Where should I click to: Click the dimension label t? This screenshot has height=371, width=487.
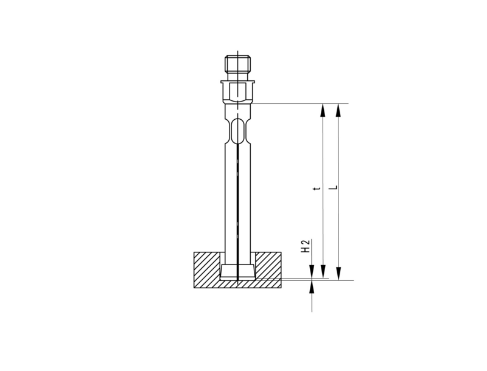317,189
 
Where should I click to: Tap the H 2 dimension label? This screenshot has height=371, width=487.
306,246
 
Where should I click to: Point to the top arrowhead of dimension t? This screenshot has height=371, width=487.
323,110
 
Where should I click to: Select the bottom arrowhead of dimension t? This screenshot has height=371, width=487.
323,271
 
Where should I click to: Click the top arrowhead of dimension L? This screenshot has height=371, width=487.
338,110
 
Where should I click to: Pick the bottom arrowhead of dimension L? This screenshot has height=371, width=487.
338,274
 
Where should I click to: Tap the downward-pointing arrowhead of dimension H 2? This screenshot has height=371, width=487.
312,271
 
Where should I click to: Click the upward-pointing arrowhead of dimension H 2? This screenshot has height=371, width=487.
312,286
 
